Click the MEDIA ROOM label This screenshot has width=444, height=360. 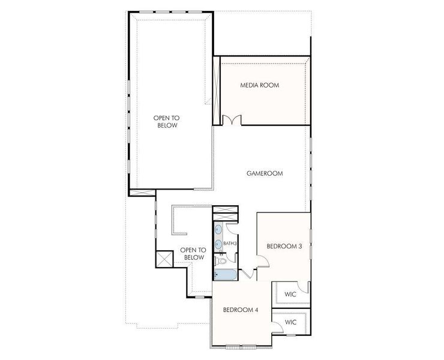point(260,85)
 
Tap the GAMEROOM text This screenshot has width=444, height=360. point(265,173)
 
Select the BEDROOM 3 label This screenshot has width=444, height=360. point(284,246)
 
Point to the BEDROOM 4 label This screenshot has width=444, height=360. point(240,310)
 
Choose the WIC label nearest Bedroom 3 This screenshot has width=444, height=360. point(290,294)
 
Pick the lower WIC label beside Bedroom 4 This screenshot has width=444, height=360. point(290,322)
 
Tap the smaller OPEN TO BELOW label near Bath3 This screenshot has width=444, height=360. point(193,254)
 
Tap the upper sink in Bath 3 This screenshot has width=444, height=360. point(218,229)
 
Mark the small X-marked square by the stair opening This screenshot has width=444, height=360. point(163,259)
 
